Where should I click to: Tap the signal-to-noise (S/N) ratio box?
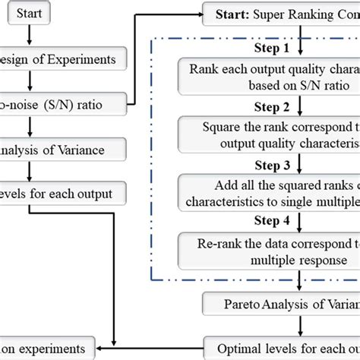coord(53,99)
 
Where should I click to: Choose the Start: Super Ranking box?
coord(281,14)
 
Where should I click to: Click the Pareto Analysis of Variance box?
coord(281,305)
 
